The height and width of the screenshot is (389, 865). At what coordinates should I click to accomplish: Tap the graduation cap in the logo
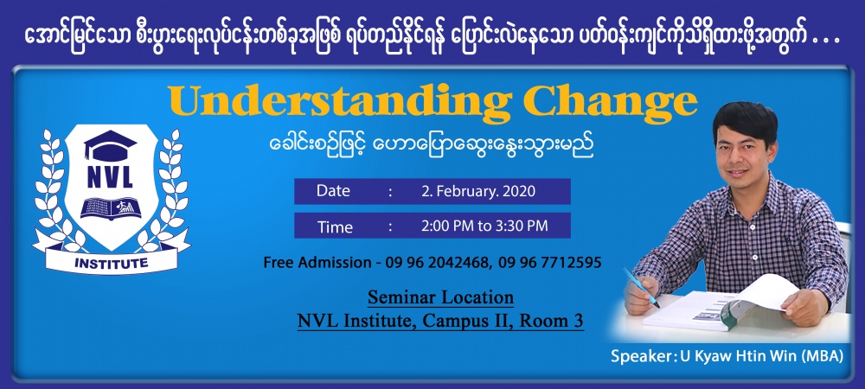pos(111,144)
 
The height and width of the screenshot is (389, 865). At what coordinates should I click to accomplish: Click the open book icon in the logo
pos(111,207)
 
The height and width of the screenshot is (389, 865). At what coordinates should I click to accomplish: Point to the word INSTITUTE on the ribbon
pos(111,263)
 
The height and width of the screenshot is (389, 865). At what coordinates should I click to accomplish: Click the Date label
pos(333,191)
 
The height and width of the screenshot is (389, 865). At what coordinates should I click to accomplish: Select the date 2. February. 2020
pos(477,191)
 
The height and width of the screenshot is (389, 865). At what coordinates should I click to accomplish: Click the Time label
pos(335,226)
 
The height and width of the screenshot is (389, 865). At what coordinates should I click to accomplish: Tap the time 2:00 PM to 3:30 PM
pos(484,226)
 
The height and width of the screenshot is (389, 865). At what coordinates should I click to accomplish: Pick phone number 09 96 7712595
pos(549,263)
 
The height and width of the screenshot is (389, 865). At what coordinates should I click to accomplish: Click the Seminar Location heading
pos(441,297)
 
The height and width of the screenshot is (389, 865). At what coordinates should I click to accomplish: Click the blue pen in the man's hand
pos(641,287)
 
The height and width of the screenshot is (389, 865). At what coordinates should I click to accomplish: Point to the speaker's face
pos(736,148)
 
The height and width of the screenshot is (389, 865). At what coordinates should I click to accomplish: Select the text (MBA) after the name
pos(821,356)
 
